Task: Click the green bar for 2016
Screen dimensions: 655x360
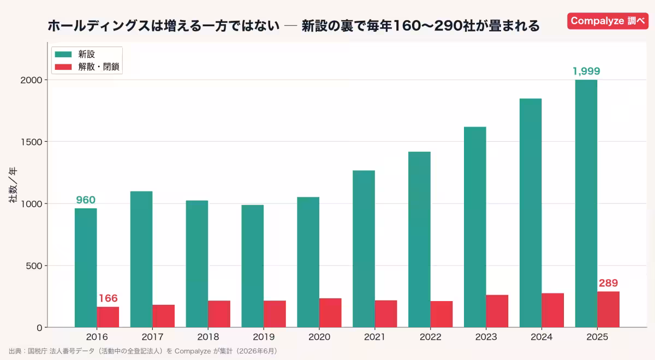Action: (86, 268)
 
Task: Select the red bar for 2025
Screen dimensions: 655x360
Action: (608, 309)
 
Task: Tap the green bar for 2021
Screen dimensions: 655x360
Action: (364, 249)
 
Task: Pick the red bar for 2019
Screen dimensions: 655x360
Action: (275, 314)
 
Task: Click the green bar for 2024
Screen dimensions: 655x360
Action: (531, 213)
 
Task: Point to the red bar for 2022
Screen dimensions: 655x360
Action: (442, 314)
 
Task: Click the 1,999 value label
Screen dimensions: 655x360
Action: (586, 71)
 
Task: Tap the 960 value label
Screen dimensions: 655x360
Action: (86, 200)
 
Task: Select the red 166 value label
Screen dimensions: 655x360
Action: (108, 298)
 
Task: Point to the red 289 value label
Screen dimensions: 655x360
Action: (608, 283)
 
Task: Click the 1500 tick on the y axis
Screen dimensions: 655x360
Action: (31, 142)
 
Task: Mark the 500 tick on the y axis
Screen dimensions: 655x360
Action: (34, 266)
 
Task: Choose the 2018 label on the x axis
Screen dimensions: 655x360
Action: (208, 337)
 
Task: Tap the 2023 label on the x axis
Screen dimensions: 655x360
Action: (486, 337)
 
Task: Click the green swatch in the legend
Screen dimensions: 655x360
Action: (63, 55)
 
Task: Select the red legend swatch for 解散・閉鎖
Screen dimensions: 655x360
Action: (63, 67)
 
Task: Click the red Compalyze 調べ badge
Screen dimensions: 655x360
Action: (608, 21)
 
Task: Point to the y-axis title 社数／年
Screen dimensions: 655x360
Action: (13, 185)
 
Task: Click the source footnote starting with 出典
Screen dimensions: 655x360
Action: (143, 351)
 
